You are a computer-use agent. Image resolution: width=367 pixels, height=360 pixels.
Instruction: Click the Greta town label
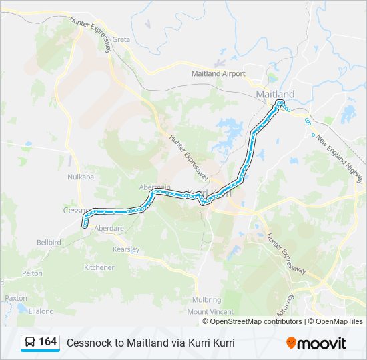[121, 39]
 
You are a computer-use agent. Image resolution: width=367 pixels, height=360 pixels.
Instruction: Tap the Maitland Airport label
[218, 73]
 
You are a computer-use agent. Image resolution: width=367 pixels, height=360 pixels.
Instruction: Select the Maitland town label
[275, 95]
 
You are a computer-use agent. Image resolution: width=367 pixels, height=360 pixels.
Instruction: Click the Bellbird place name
[49, 243]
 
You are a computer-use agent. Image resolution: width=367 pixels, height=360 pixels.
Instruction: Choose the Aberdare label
[109, 228]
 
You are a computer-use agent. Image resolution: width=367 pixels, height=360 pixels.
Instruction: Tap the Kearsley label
[125, 249]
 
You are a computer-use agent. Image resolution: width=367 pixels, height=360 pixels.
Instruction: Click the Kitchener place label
[99, 267]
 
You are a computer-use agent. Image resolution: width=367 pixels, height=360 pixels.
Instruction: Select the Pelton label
[32, 273]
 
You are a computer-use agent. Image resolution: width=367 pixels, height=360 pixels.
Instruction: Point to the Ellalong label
[41, 311]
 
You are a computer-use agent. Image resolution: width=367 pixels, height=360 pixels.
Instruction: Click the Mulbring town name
[206, 300]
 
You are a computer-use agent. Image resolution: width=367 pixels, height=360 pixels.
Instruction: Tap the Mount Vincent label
[210, 312]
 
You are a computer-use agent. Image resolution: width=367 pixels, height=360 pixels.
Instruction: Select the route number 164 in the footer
[47, 342]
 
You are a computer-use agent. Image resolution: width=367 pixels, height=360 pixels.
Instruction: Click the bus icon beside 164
[30, 343]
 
